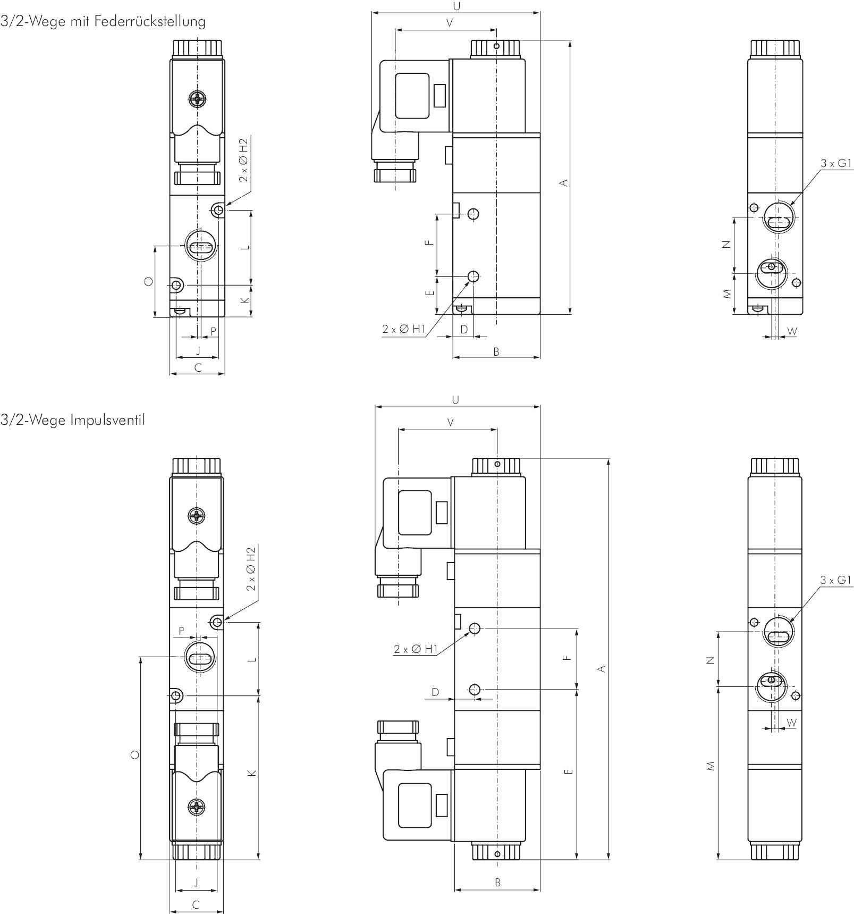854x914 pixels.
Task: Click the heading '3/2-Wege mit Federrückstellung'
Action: coord(103,21)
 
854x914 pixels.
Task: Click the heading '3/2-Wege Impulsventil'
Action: coord(73,420)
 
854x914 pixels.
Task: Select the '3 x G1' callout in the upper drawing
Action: coord(836,163)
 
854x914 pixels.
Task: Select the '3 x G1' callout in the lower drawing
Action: coord(836,580)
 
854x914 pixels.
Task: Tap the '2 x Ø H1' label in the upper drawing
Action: coord(404,329)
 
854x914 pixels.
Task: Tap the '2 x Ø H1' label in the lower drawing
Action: coord(416,649)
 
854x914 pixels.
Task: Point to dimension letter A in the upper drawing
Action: coord(564,183)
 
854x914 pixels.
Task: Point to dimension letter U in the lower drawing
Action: coord(455,399)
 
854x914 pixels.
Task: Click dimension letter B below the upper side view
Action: coord(496,351)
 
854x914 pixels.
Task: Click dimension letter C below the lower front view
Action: coord(196,904)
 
